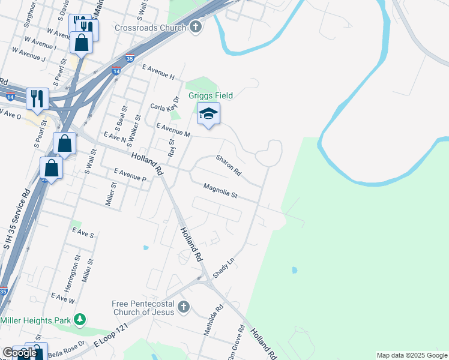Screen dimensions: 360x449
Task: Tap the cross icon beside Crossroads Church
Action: point(196,27)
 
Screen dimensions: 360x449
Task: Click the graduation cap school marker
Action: point(208,114)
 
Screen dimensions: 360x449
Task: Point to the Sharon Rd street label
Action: point(229,165)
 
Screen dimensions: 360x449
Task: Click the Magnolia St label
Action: point(220,191)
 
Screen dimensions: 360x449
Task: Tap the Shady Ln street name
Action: point(223,264)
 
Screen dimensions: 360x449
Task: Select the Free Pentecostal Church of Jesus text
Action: point(143,308)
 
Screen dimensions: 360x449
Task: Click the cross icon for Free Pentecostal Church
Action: point(184,308)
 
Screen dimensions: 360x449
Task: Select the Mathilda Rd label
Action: point(212,320)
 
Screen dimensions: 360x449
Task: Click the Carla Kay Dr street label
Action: point(165,104)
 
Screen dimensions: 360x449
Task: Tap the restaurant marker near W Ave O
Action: point(37,98)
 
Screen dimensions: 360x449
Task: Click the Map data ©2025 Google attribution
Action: point(412,355)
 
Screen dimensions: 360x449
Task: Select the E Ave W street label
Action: point(63,297)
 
